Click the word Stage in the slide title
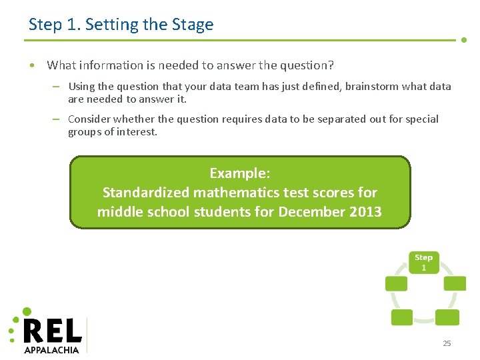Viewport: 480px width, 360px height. [193, 25]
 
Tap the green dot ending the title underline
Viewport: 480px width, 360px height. [465, 40]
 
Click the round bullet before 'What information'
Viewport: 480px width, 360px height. [31, 65]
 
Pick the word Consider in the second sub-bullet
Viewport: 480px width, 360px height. [89, 119]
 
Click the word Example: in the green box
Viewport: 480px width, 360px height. [240, 173]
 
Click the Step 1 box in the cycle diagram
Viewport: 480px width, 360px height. [423, 262]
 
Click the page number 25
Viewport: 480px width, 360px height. [447, 343]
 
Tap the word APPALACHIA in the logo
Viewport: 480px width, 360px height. [51, 349]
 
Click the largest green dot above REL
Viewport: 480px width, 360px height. [27, 311]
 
